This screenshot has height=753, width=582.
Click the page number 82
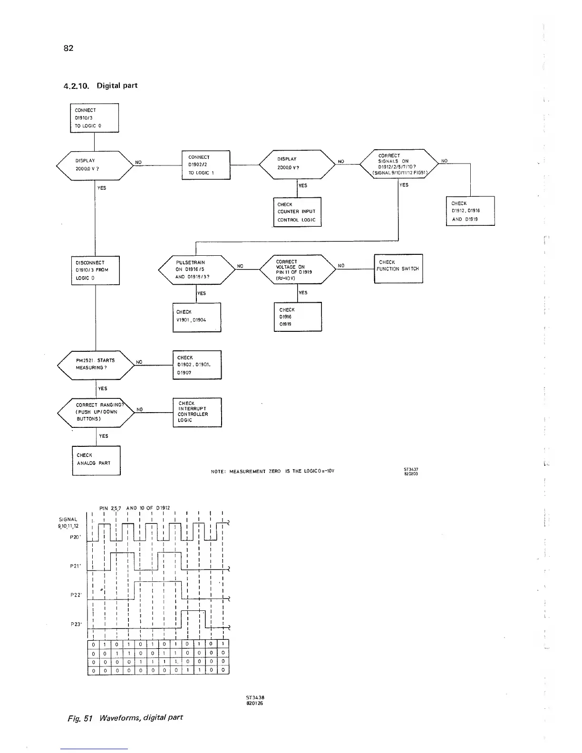[68, 48]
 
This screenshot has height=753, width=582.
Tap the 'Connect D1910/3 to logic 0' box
[94, 118]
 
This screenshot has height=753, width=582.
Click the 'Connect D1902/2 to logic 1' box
[206, 165]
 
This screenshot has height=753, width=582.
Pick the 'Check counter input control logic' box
[297, 212]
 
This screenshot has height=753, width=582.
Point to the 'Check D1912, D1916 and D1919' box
[470, 211]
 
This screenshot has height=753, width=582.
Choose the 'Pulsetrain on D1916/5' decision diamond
[196, 270]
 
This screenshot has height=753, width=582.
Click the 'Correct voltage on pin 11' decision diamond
[298, 269]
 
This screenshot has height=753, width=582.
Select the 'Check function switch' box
[398, 269]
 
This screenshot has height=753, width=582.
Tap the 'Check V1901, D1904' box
[197, 317]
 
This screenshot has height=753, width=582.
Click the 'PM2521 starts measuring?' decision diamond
[96, 365]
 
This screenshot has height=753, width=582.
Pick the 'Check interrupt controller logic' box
[197, 412]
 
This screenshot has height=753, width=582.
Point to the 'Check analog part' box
[96, 460]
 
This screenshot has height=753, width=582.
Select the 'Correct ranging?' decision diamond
[97, 412]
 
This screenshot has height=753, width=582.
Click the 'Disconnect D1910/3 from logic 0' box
[95, 270]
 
